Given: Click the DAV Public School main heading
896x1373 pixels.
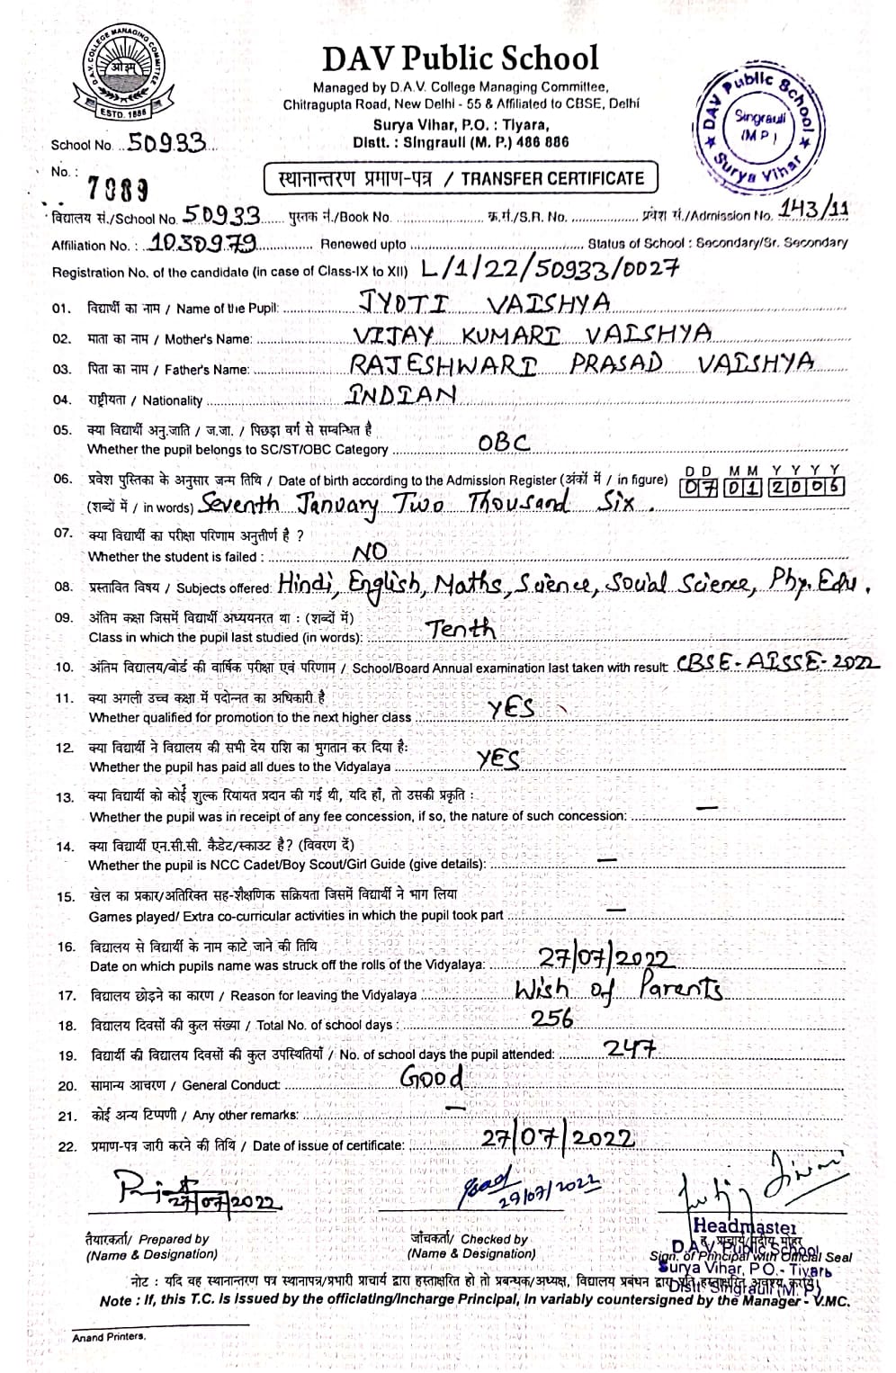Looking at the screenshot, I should [460, 58].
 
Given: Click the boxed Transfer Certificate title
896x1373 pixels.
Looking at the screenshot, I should [459, 178].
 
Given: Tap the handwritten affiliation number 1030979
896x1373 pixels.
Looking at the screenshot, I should [206, 242].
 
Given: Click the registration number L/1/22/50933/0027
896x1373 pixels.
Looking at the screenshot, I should [550, 267].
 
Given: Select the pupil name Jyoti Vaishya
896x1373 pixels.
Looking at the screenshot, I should [484, 303].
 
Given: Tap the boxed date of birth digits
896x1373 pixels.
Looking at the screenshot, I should [763, 487].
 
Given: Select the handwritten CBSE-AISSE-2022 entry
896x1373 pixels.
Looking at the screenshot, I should [779, 664].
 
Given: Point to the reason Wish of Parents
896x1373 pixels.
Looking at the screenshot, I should [618, 989].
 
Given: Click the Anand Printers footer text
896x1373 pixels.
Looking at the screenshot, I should [108, 1336].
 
